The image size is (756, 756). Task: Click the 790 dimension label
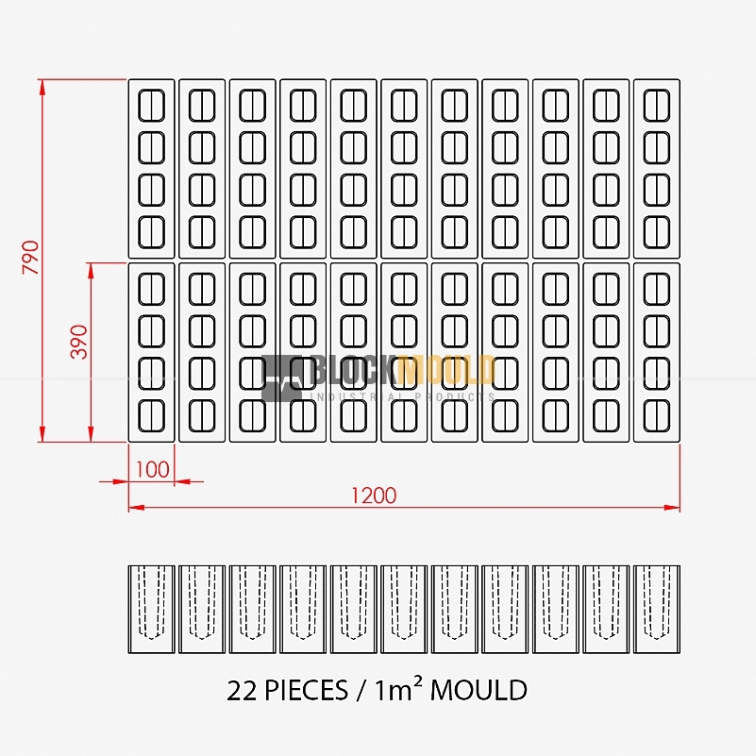[x=31, y=257]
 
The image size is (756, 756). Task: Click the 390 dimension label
[x=79, y=342]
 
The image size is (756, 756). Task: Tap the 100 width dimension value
[x=152, y=470]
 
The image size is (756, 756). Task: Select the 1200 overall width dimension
[x=374, y=496]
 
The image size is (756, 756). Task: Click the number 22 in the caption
[x=243, y=691]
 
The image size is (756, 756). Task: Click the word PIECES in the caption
[x=307, y=690]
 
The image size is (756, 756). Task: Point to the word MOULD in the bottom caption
[x=479, y=690]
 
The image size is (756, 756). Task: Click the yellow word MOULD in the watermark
[x=446, y=370]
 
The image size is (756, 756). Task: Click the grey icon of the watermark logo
[x=282, y=378]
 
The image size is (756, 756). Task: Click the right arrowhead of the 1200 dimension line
[x=672, y=507]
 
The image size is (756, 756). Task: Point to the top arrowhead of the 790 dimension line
[x=42, y=87]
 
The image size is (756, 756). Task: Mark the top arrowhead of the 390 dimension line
[x=91, y=271]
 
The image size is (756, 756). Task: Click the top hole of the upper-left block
[x=151, y=105]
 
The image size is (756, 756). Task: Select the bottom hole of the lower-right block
[x=657, y=416]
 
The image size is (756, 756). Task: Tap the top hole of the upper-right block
[x=657, y=105]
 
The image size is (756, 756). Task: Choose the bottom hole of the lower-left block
[x=151, y=416]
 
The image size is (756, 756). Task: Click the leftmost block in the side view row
[x=151, y=610]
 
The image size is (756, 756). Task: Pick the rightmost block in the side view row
[x=657, y=610]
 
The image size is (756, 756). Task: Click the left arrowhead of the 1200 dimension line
[x=137, y=507]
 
